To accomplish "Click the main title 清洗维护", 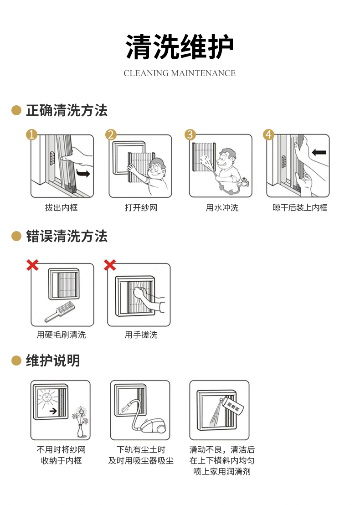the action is [180, 47].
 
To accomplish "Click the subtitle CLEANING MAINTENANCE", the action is [180, 73].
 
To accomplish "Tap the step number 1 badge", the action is [31, 134].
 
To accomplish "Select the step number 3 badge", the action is [190, 134].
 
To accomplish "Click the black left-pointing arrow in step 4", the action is [319, 152].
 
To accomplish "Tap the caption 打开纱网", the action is [141, 208].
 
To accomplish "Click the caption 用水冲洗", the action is [222, 208].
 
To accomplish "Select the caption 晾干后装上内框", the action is [300, 208].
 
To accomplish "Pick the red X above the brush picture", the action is [32, 265].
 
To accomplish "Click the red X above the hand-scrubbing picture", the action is [110, 265].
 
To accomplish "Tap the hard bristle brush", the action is [60, 311].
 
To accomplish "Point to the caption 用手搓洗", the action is [141, 335].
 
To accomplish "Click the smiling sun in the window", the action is [47, 397].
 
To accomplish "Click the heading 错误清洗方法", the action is [67, 236].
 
